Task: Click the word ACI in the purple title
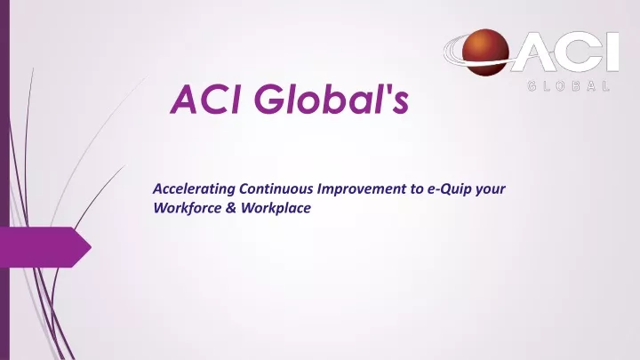pos(205,100)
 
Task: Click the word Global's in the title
pos(332,99)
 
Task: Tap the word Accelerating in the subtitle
pos(194,189)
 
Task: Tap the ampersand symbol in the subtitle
pos(230,208)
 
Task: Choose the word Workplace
pos(276,208)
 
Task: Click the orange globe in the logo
pos(485,52)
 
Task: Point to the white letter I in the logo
pos(612,52)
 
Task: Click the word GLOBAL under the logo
pos(569,86)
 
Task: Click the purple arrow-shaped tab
pos(45,247)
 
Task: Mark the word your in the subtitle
pos(490,190)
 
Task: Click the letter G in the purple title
pos(269,100)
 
